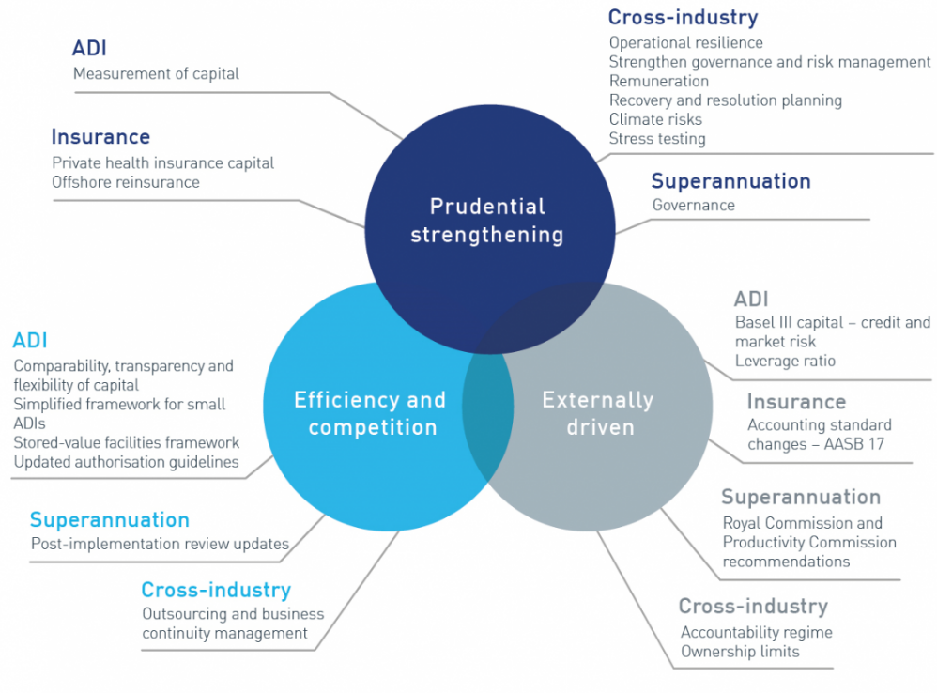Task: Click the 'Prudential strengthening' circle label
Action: click(487, 221)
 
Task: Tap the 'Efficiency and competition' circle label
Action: click(371, 413)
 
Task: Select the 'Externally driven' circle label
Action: click(598, 413)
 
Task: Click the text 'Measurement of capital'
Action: click(156, 73)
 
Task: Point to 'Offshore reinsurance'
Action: click(126, 181)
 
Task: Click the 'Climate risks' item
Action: click(655, 119)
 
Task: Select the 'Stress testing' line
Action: click(657, 139)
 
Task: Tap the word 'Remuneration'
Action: click(658, 81)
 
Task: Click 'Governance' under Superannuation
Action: click(693, 205)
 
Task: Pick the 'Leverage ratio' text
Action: click(785, 361)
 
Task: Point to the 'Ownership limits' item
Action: click(740, 651)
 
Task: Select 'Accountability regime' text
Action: click(757, 632)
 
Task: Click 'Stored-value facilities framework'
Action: click(126, 442)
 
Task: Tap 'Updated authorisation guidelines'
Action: click(126, 462)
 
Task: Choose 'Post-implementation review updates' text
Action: click(160, 544)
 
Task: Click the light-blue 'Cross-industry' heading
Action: click(216, 590)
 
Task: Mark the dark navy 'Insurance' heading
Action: click(100, 137)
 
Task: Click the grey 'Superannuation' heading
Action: click(801, 497)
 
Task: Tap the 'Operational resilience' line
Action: click(686, 43)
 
